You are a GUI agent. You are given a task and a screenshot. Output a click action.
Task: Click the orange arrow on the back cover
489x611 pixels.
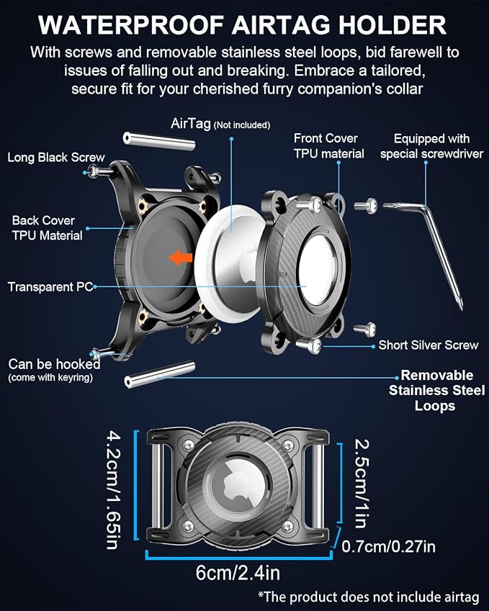(x=181, y=258)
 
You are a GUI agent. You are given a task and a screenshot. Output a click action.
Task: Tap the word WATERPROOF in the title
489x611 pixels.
(x=130, y=26)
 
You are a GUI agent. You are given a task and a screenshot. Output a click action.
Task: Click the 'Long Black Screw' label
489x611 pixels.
(x=56, y=158)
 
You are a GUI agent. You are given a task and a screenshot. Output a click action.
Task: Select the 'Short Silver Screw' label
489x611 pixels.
(x=429, y=345)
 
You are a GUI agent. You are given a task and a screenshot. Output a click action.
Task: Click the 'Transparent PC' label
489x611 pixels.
(x=50, y=287)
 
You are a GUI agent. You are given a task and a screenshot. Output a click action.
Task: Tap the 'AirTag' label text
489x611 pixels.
(x=191, y=124)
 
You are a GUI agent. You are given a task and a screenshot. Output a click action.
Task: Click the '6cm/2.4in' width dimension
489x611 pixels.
(x=238, y=573)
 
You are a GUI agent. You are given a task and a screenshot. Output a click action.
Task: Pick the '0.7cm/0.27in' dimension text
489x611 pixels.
(x=388, y=546)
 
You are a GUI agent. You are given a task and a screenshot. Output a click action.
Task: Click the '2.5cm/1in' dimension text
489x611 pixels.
(x=362, y=483)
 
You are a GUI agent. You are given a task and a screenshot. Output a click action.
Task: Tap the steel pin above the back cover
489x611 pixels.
(x=159, y=141)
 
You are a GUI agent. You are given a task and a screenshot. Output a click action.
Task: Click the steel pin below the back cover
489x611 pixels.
(x=159, y=374)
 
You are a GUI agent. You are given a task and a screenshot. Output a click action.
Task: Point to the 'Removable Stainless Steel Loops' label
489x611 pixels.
(x=436, y=390)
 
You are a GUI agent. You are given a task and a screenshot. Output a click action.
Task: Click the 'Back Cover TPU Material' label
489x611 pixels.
(x=48, y=228)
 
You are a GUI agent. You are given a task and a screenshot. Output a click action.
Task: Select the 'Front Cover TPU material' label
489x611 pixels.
(x=328, y=146)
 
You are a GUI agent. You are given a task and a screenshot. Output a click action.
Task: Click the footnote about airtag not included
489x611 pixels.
(x=369, y=597)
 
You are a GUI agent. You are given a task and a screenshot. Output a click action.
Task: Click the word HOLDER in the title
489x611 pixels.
(x=392, y=26)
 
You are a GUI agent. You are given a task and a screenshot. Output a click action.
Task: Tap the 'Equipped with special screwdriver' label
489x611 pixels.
(x=431, y=146)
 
